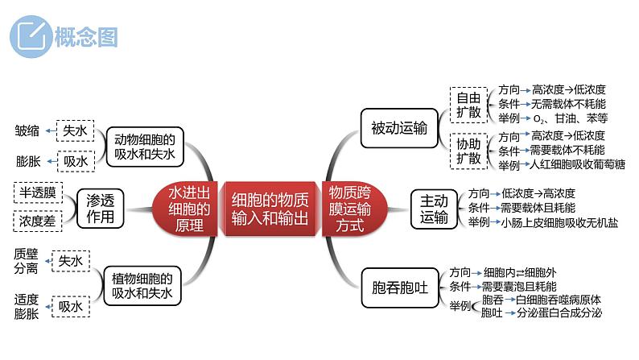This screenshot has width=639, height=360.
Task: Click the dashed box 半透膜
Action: point(37,192)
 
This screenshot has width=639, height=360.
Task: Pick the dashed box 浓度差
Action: point(37,221)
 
